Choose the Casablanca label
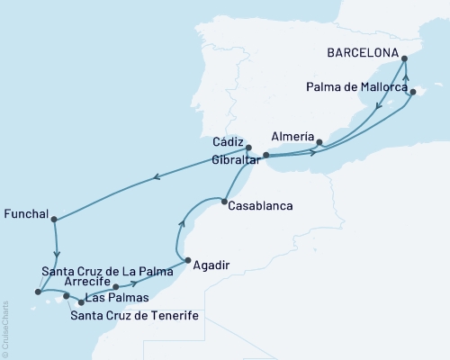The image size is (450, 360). point(261,205)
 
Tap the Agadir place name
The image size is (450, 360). point(212,265)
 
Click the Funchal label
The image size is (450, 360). point(26,215)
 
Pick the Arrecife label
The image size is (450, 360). point(87,281)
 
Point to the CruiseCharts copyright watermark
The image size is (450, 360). point(6,328)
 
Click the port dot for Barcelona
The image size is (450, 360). point(404,58)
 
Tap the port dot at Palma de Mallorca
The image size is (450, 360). point(412,92)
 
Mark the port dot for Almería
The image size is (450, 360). point(319,141)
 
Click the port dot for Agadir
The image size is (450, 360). point(186,262)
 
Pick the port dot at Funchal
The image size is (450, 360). point(54,219)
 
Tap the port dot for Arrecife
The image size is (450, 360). point(115,288)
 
